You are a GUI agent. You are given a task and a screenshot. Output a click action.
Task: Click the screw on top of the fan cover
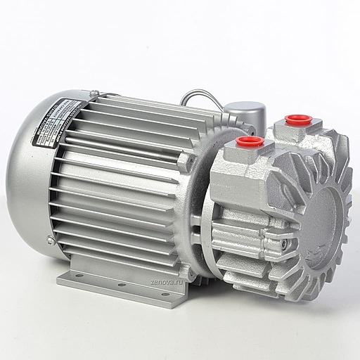94,91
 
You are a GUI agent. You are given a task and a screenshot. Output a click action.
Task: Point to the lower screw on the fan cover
49,240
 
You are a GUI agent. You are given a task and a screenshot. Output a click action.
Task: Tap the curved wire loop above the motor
204,98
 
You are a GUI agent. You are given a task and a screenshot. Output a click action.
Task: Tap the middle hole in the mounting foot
120,284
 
